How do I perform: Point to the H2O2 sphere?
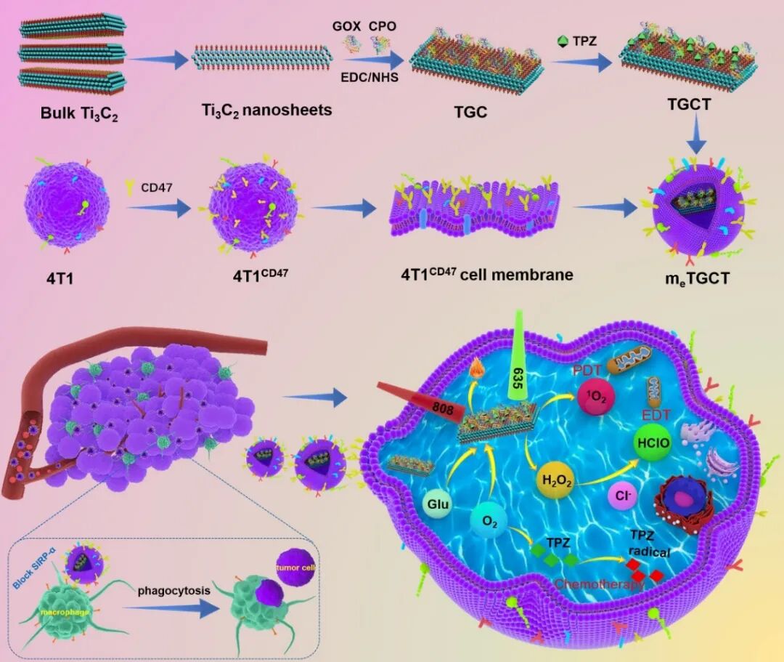[554, 481]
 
